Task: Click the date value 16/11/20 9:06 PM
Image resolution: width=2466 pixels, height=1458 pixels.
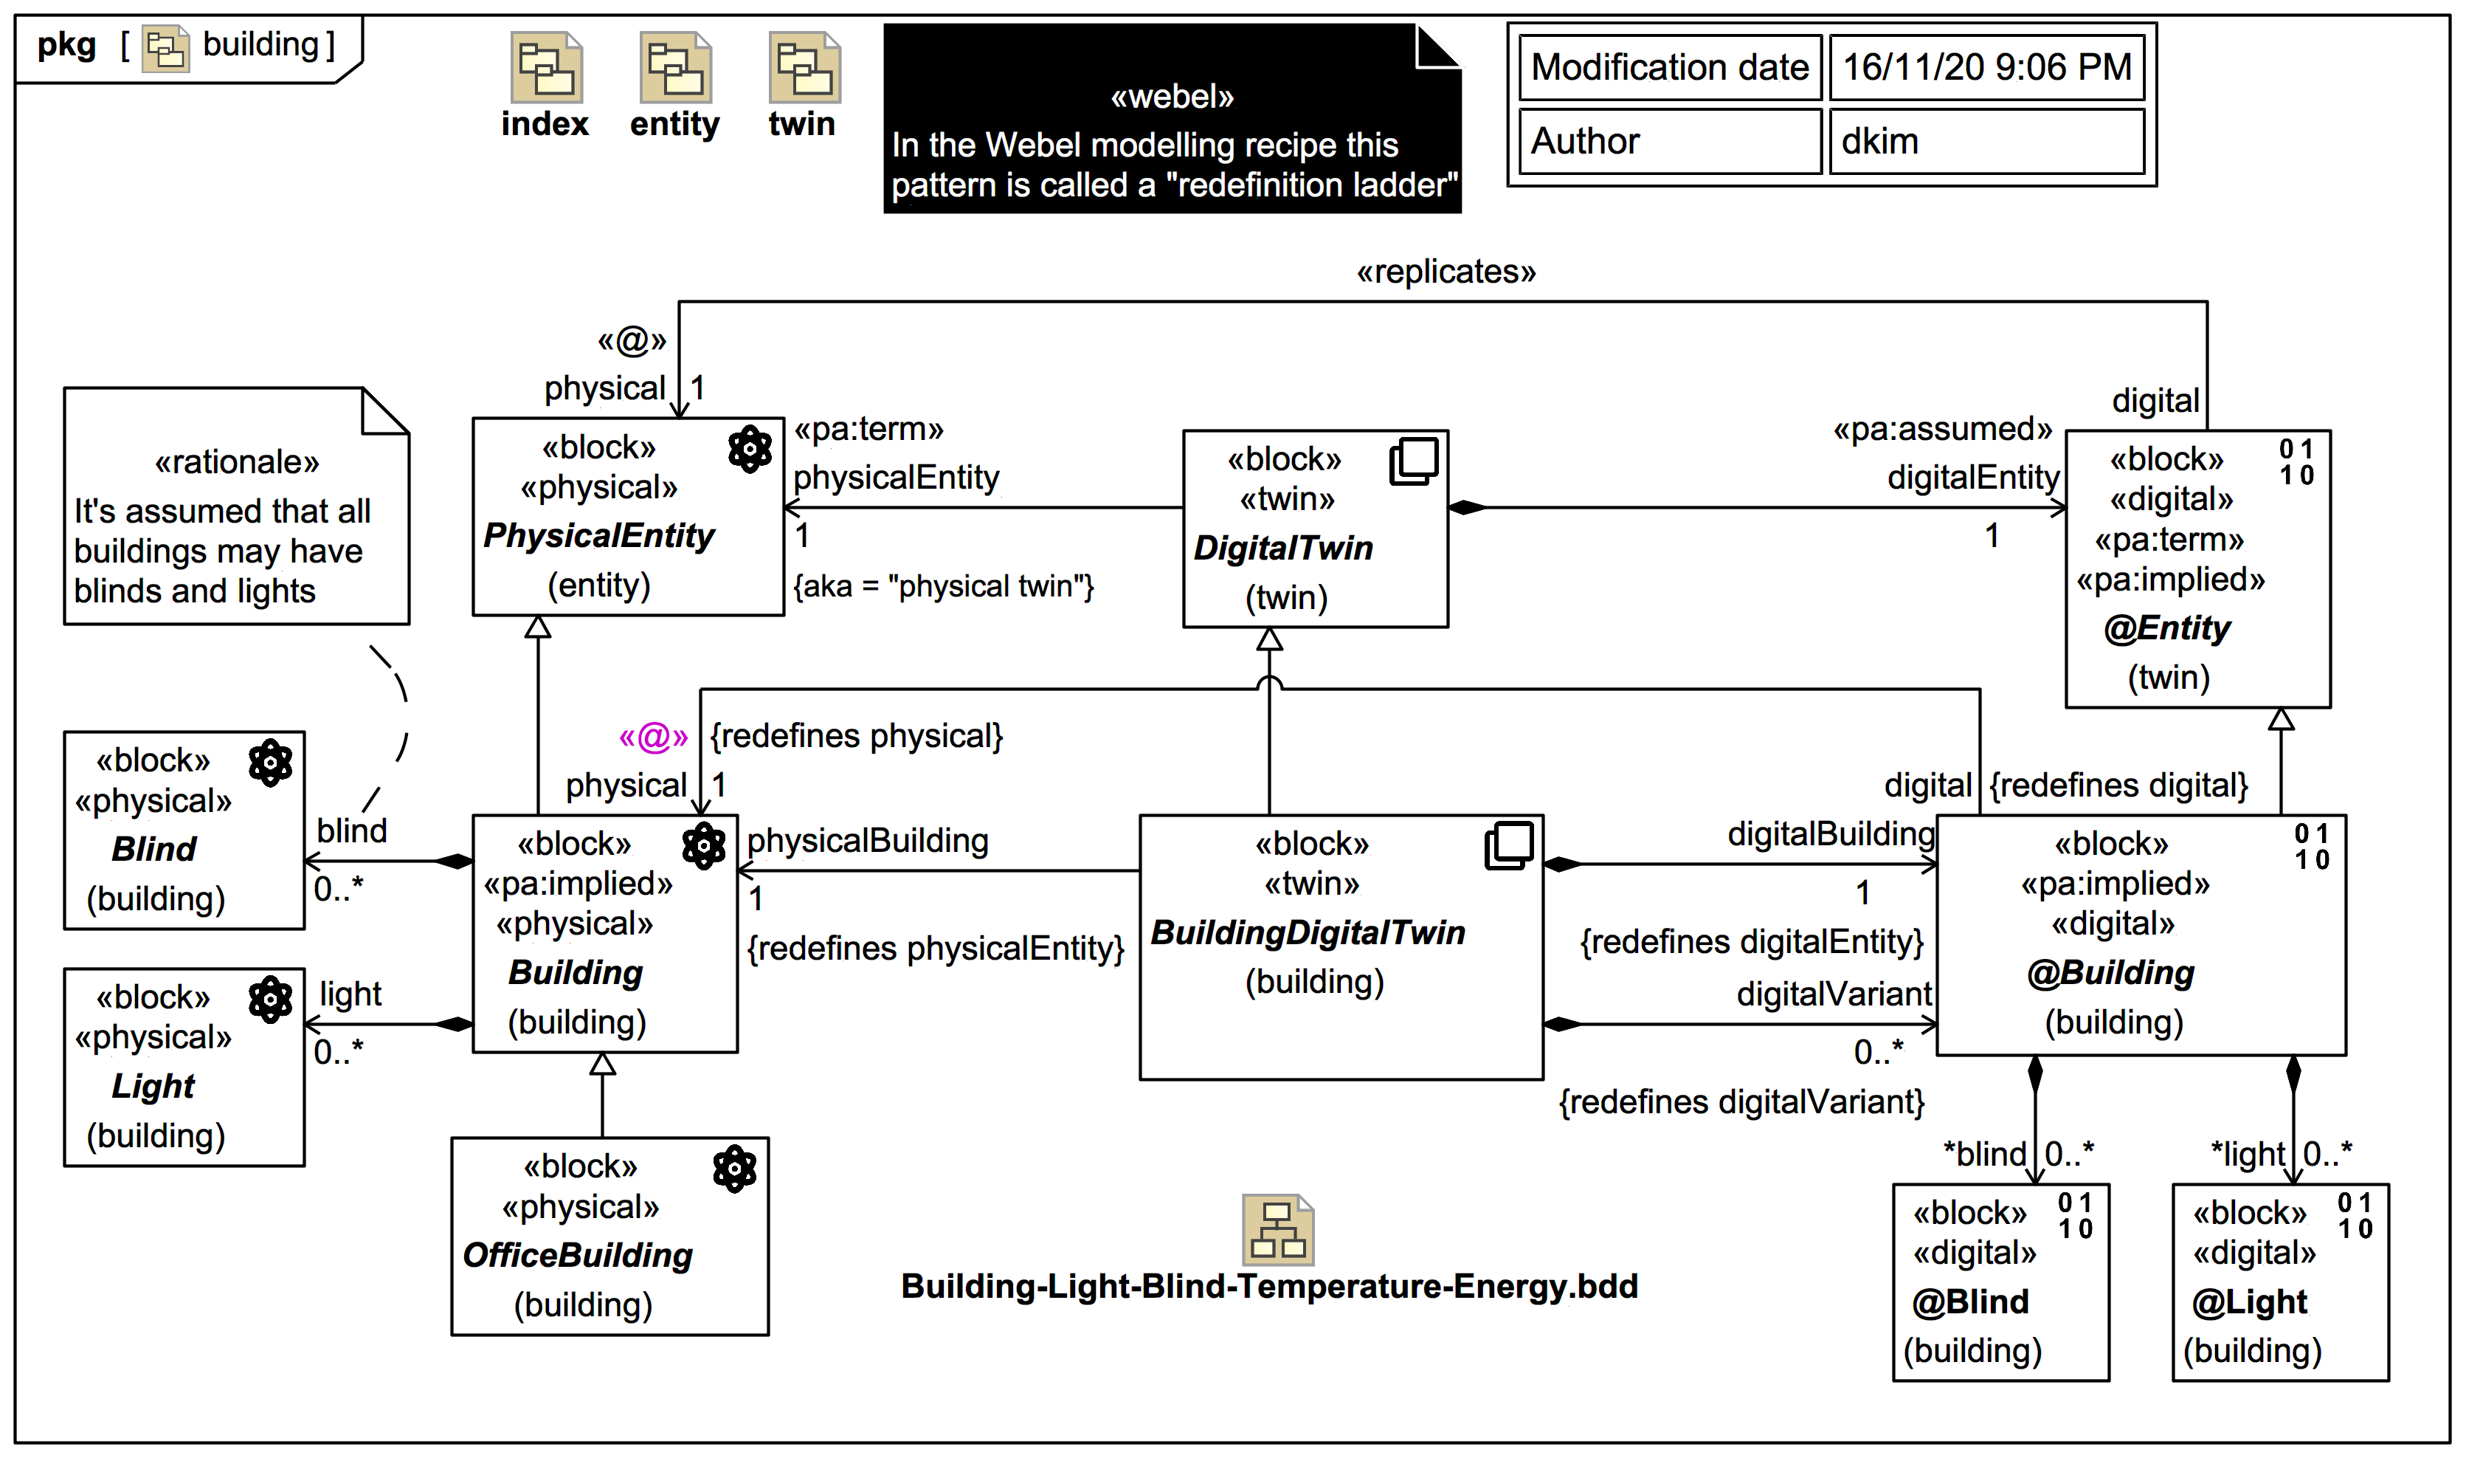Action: point(1986,66)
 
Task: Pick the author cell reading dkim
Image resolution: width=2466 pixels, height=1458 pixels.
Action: point(1986,142)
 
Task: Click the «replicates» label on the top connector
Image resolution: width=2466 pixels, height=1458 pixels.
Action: point(1446,272)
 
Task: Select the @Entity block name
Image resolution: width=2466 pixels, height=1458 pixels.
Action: point(2166,627)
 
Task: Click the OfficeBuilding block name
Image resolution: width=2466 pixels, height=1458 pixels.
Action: point(578,1255)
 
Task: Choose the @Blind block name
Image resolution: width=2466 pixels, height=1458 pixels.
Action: point(1970,1301)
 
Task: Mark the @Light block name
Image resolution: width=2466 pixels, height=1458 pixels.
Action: point(2249,1301)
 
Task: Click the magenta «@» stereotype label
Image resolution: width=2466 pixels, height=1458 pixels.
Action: point(653,736)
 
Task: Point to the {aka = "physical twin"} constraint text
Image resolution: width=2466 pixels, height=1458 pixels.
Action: point(943,587)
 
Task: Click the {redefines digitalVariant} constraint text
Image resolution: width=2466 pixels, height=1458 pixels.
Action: point(1741,1102)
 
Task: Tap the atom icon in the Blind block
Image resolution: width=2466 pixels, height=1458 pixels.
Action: point(270,763)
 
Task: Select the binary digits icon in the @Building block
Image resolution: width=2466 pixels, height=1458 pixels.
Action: point(2311,847)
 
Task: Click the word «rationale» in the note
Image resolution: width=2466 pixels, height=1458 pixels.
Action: point(237,462)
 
